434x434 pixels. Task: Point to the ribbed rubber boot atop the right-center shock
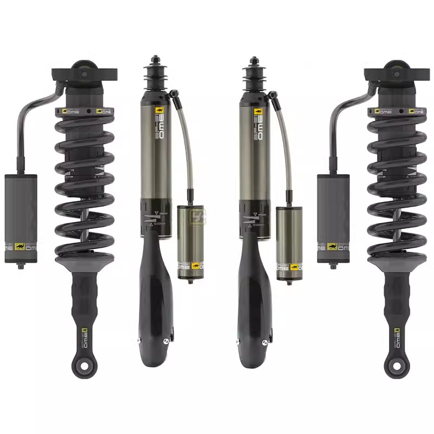tap(253, 73)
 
